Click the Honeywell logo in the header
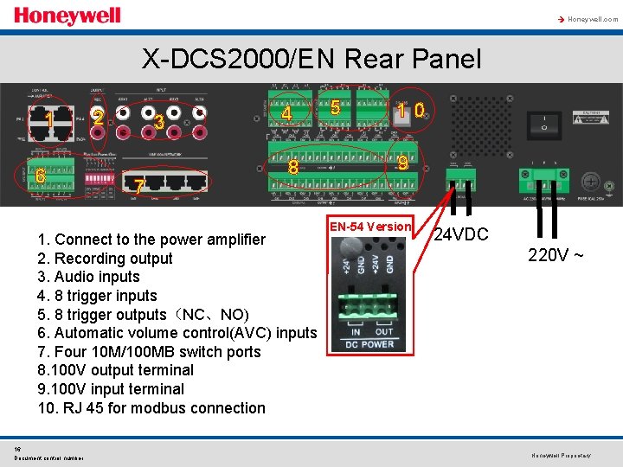67,16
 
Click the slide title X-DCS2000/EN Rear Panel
311,59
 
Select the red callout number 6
40,175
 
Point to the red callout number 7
138,186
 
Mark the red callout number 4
286,113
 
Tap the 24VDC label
461,234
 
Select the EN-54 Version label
370,227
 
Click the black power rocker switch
547,125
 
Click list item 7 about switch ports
149,351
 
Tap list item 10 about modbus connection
151,407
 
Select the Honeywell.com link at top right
591,19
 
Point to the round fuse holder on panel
593,182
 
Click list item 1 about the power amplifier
151,240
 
